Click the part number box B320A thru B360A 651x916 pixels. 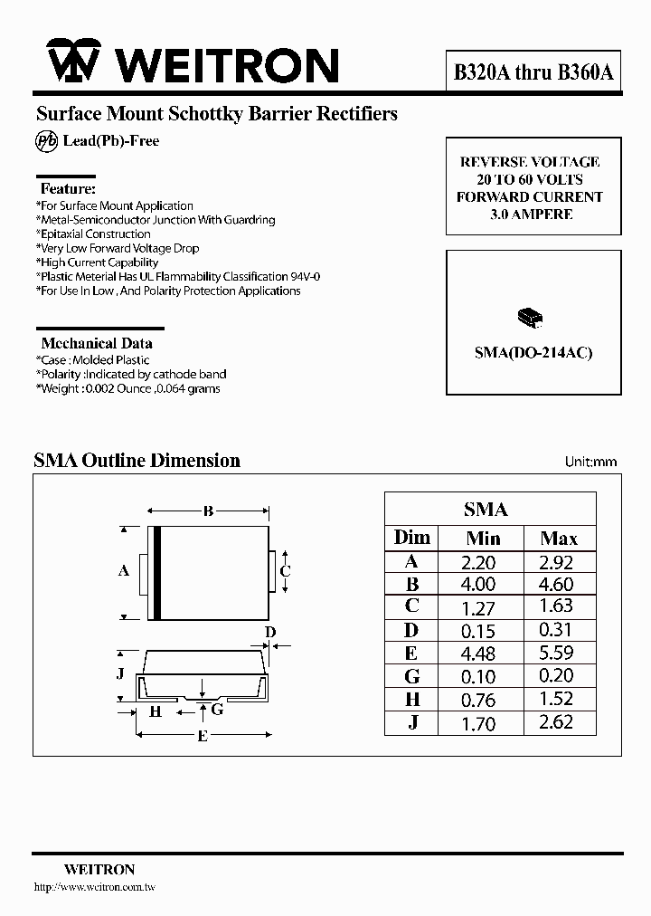coord(533,73)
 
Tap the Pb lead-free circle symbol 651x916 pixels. coord(46,141)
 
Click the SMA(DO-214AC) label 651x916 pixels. coord(533,353)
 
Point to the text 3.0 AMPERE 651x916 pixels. coord(531,215)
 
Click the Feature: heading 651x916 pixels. coord(68,189)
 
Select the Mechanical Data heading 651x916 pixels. coord(97,343)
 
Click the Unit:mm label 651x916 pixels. coord(590,462)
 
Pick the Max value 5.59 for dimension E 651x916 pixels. coord(558,653)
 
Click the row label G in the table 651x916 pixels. coord(412,675)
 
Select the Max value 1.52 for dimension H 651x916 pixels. coord(558,699)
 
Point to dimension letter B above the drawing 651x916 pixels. coord(208,511)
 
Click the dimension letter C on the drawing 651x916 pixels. coord(285,570)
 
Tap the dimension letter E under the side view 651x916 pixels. coord(203,737)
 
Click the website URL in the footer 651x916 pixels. coord(93,888)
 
